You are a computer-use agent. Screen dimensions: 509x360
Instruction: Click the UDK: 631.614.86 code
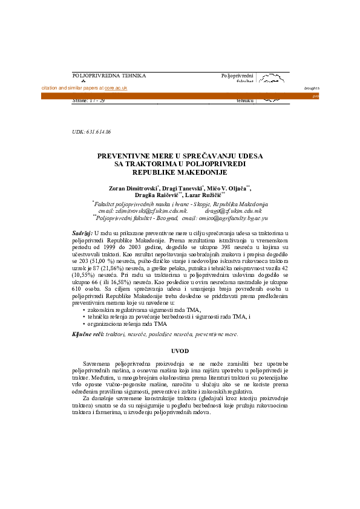91,131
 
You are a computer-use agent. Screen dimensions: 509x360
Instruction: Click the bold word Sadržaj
82,233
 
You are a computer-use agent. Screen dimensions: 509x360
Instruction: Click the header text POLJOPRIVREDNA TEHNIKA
109,76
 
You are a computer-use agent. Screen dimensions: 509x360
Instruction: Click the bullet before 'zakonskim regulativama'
83,310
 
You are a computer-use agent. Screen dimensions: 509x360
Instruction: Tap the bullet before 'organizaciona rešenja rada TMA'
83,324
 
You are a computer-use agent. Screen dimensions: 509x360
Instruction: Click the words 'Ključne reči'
87,334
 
